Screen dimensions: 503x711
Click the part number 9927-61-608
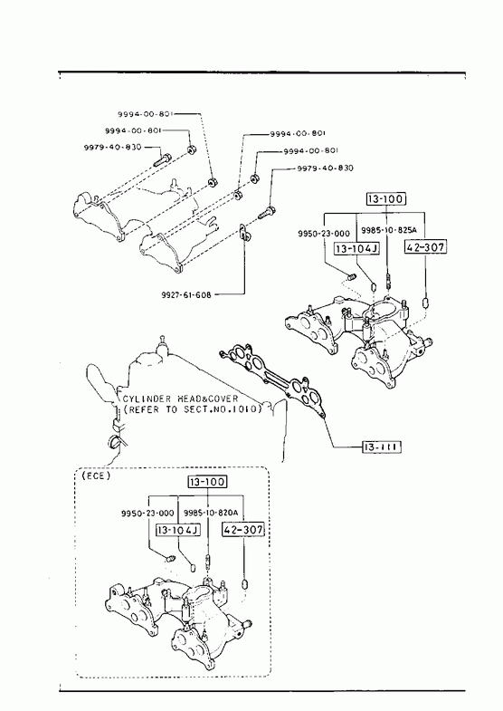pyautogui.click(x=185, y=294)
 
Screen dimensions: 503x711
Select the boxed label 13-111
pyautogui.click(x=382, y=447)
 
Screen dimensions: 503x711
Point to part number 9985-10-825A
pyautogui.click(x=388, y=229)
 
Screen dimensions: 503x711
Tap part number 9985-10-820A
pyautogui.click(x=211, y=513)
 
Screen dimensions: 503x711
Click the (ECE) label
pyautogui.click(x=96, y=476)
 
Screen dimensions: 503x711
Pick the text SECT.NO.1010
pyautogui.click(x=223, y=409)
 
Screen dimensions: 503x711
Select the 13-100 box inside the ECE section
pyautogui.click(x=207, y=482)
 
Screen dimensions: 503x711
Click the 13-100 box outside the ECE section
pyautogui.click(x=386, y=198)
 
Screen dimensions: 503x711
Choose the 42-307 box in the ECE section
pyautogui.click(x=243, y=529)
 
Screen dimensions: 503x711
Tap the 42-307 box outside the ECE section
pyautogui.click(x=425, y=246)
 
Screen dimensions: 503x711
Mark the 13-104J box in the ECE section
pyautogui.click(x=178, y=530)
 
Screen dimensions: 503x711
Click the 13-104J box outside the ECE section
pyautogui.click(x=356, y=248)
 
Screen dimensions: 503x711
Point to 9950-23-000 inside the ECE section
pyautogui.click(x=147, y=513)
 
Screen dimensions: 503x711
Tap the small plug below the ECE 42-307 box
pyautogui.click(x=245, y=583)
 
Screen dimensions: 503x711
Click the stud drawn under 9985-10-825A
pyautogui.click(x=388, y=281)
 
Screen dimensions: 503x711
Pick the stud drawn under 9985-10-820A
pyautogui.click(x=207, y=561)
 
